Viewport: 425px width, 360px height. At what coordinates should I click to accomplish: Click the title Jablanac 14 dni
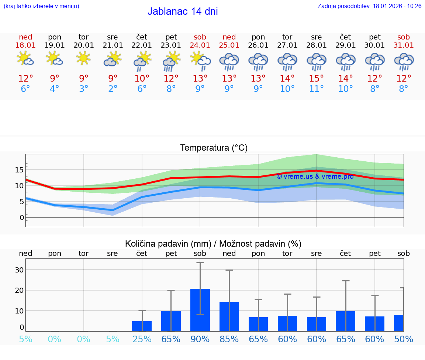click(183, 11)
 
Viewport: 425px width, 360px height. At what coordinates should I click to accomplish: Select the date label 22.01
click(142, 45)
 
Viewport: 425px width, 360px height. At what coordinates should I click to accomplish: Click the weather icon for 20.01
click(83, 58)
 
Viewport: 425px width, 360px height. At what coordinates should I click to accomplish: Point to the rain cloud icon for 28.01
click(316, 61)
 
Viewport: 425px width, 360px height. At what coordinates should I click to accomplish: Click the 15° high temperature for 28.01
click(316, 79)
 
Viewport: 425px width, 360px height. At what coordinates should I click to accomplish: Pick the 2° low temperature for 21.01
click(113, 89)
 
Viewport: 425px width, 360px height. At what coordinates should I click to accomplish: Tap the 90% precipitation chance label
click(200, 339)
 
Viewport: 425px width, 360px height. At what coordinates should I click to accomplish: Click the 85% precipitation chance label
click(229, 339)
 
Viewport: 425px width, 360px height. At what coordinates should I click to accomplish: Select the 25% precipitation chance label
click(142, 339)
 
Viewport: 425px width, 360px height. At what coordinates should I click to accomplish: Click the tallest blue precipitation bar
click(200, 310)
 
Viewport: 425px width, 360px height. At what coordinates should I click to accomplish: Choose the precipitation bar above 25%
click(142, 326)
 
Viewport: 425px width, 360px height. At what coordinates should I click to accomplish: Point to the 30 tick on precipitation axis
click(19, 270)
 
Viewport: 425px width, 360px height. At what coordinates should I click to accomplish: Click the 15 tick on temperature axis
click(19, 170)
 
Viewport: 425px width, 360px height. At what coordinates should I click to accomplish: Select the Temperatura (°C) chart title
click(214, 148)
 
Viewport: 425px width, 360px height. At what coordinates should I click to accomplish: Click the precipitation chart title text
click(213, 244)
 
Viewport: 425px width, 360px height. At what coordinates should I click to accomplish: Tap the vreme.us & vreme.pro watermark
click(315, 176)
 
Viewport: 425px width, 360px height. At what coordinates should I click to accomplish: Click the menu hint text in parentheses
click(41, 6)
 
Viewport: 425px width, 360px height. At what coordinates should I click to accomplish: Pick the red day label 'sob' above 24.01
click(200, 37)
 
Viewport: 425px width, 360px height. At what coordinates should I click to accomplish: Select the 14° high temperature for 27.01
click(287, 79)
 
